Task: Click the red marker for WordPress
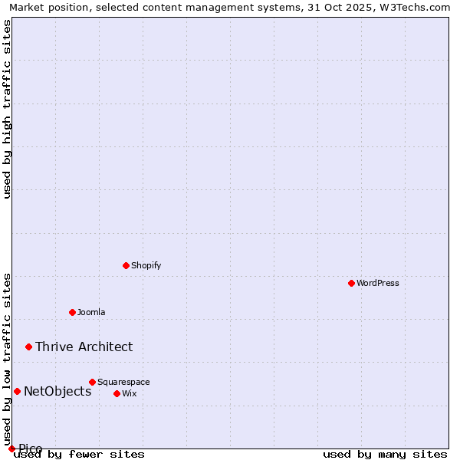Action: tap(351, 283)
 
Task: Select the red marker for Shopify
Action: tap(126, 265)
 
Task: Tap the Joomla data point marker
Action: tap(72, 312)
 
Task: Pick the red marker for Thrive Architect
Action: tap(28, 347)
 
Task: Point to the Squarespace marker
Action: tap(92, 382)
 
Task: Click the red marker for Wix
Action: tap(117, 393)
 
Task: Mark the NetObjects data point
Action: tap(17, 391)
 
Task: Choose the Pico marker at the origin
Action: tap(11, 449)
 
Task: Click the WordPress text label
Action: tap(378, 283)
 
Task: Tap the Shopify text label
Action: tap(146, 265)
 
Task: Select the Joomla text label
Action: tap(91, 312)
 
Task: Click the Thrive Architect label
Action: tap(84, 347)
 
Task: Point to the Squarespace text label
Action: tap(123, 382)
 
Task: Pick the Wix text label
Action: tap(129, 393)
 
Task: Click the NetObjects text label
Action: tap(58, 391)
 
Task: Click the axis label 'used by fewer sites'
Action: tap(79, 454)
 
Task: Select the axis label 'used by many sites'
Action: tap(385, 454)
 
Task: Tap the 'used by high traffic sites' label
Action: tap(7, 109)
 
